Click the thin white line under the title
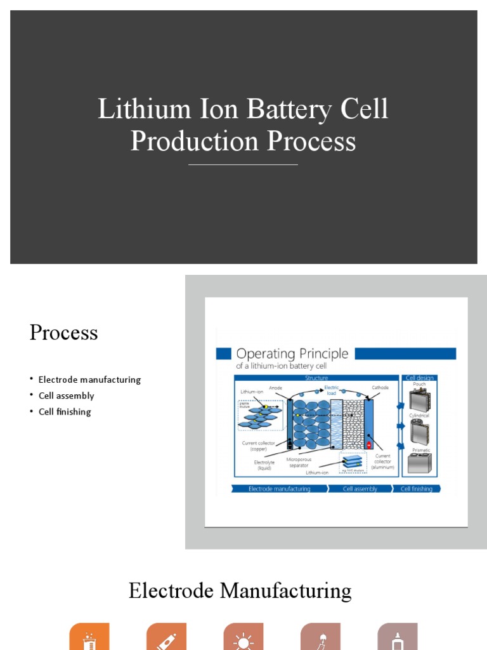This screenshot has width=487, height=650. [x=243, y=165]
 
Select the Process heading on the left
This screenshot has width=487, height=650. [x=63, y=333]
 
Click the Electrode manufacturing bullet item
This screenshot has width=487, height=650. [x=89, y=380]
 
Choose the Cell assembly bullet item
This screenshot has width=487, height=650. [x=66, y=395]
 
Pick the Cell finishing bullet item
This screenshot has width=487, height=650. [x=65, y=411]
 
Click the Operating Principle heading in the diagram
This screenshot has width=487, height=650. [x=292, y=354]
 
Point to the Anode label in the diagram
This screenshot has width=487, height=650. [x=275, y=388]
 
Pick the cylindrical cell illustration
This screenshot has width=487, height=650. [x=419, y=432]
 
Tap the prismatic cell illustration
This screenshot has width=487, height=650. [x=419, y=463]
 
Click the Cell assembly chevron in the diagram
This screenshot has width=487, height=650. [x=360, y=489]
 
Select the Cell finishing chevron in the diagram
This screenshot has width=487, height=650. [x=416, y=489]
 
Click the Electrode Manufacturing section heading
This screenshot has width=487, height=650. [x=240, y=591]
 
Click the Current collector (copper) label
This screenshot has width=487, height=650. [x=257, y=446]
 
